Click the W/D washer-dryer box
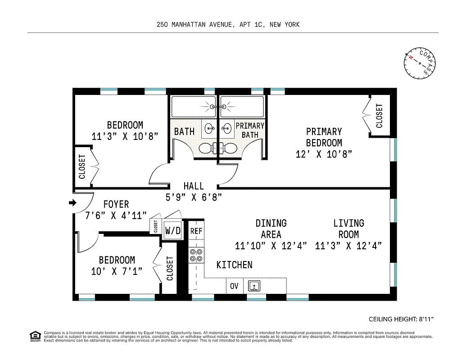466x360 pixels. pyautogui.click(x=172, y=230)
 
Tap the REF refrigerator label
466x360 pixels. pyautogui.click(x=196, y=231)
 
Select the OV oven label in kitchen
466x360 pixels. pyautogui.click(x=234, y=286)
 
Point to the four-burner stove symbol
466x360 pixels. pyautogui.click(x=196, y=255)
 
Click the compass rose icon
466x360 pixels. pyautogui.click(x=420, y=63)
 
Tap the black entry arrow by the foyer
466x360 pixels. pyautogui.click(x=72, y=203)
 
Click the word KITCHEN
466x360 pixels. pyautogui.click(x=234, y=265)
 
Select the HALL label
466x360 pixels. pyautogui.click(x=194, y=186)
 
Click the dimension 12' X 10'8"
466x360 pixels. pyautogui.click(x=324, y=154)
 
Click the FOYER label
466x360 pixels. pyautogui.click(x=116, y=204)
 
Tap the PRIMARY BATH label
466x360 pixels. pyautogui.click(x=250, y=130)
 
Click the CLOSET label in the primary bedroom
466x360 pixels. pyautogui.click(x=379, y=116)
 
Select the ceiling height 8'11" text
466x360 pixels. pyautogui.click(x=403, y=319)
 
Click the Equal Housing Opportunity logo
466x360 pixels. pyautogui.click(x=34, y=336)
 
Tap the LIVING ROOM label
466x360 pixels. pyautogui.click(x=348, y=229)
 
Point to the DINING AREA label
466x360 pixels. pyautogui.click(x=271, y=229)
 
